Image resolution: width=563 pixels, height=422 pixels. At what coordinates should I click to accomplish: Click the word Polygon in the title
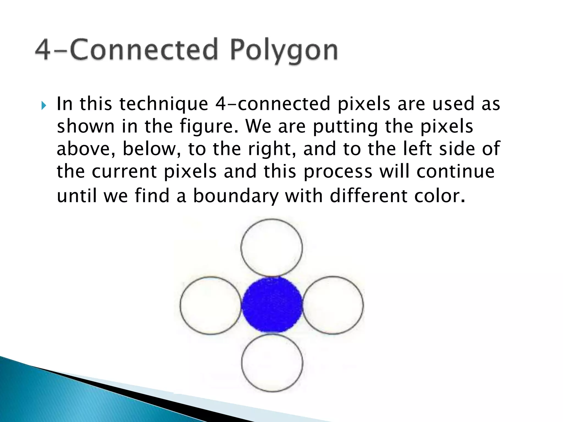284,50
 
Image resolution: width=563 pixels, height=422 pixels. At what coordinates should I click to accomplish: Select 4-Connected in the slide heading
126,49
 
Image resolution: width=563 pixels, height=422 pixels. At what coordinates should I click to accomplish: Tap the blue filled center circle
272,305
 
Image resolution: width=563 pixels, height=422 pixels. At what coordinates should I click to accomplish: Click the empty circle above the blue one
272,247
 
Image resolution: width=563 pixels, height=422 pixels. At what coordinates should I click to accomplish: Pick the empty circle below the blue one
272,363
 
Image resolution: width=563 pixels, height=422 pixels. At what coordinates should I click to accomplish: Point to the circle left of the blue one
211,305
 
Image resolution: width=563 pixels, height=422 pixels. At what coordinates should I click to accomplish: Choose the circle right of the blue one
333,305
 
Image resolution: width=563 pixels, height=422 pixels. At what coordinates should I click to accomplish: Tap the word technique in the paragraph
164,104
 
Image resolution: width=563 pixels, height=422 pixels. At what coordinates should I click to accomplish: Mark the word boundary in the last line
236,196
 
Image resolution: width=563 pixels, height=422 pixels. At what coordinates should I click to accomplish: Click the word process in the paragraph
338,172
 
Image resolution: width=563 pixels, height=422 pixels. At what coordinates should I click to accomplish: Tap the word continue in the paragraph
456,171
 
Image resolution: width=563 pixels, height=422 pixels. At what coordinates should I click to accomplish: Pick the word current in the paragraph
124,172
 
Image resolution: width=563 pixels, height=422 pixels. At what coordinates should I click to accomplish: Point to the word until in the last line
77,196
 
